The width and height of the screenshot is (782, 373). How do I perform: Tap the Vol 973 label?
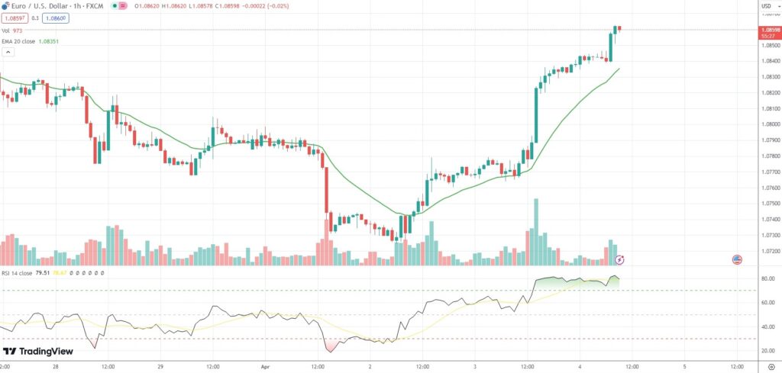coord(12,30)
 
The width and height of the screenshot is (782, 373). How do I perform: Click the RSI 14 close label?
coord(17,271)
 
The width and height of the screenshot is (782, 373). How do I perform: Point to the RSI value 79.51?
coord(43,271)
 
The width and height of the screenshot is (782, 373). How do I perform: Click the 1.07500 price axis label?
coord(768,204)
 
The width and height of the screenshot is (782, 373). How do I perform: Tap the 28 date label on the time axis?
coord(57,366)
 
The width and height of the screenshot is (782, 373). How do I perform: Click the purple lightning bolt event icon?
coord(620,260)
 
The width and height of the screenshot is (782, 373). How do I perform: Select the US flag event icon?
coord(737,260)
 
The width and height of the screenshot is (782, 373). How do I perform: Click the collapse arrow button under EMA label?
coord(8,52)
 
